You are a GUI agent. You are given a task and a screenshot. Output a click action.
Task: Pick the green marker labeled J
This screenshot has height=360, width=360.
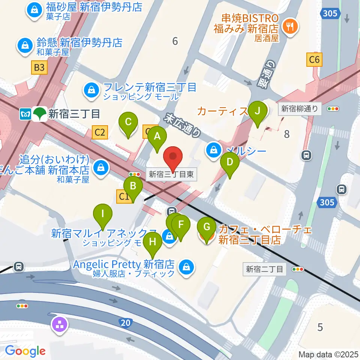[x=257, y=112]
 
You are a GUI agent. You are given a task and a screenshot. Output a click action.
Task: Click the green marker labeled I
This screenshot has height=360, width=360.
[x=103, y=215]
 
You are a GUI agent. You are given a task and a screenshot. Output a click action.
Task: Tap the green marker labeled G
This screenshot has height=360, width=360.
[x=206, y=228]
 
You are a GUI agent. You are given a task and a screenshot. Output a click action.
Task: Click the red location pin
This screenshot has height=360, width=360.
[x=173, y=157]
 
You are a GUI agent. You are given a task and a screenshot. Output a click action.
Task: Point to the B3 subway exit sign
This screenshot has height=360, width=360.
[x=39, y=67]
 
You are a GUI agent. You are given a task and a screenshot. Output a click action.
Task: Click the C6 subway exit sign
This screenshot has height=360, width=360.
[x=314, y=59]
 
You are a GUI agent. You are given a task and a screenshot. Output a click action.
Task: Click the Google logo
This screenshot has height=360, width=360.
[x=25, y=351]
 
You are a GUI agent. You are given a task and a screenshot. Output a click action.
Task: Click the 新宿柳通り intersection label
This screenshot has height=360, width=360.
[x=299, y=109]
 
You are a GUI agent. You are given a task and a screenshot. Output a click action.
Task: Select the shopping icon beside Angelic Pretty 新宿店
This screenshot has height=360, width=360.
[x=186, y=267]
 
